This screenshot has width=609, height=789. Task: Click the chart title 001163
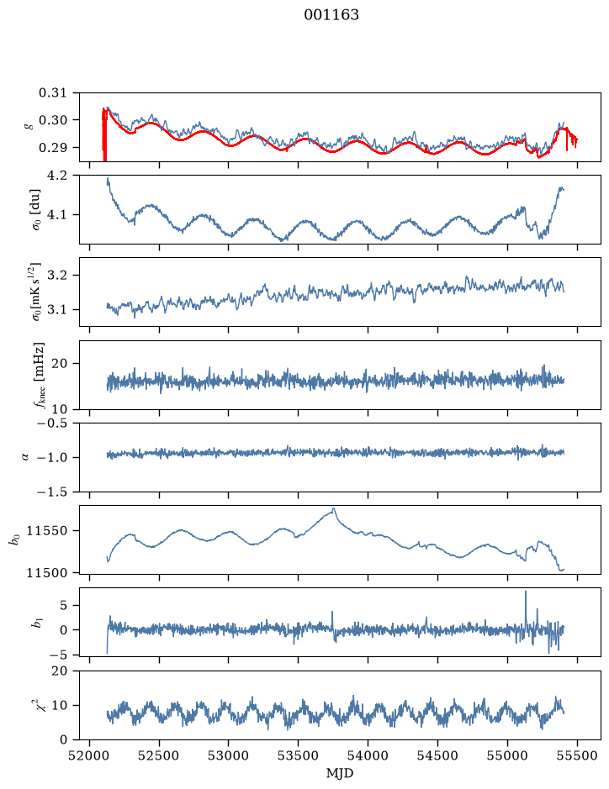[x=331, y=15]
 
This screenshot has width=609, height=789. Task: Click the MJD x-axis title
[x=340, y=773]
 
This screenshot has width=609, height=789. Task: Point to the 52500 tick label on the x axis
[x=159, y=755]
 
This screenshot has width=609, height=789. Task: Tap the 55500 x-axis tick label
[x=577, y=755]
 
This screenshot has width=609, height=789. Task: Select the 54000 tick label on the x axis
[x=368, y=755]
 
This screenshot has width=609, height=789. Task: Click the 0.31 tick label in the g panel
[x=52, y=93]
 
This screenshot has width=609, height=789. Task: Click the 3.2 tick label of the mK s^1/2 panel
[x=56, y=276]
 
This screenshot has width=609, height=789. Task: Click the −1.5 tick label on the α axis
[x=52, y=492]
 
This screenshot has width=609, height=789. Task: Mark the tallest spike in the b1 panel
[x=526, y=592]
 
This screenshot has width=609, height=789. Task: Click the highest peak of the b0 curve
[x=333, y=508]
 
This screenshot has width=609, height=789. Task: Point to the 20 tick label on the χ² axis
[x=60, y=671]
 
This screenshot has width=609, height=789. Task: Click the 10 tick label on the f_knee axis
[x=60, y=408]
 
